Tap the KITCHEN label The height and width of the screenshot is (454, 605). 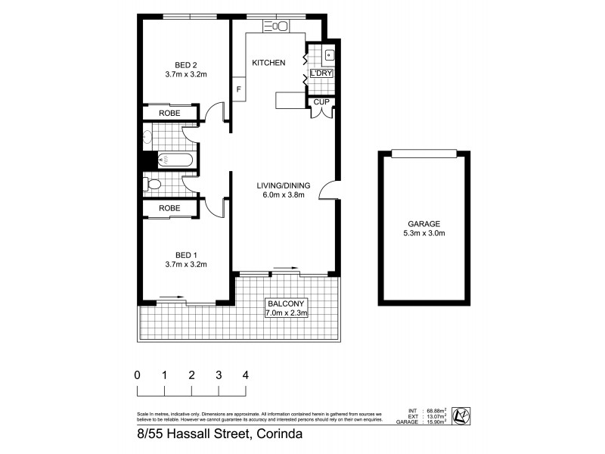pos(268,63)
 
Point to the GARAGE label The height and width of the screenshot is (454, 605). pos(423,223)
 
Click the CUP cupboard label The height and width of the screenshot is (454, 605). pos(321,101)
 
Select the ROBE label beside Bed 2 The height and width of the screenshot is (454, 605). pos(169,113)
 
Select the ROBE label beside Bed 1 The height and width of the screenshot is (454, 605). pos(169,208)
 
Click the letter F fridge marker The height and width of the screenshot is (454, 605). pos(239,90)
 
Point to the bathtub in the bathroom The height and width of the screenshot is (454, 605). pos(175,160)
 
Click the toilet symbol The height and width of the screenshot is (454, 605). pos(152,184)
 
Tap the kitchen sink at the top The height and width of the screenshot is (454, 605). pos(276,26)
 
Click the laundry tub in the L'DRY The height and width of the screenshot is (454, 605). pos(330,54)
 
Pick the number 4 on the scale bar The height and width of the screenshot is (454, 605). pos(246,375)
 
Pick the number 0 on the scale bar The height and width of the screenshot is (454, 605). pos(137,375)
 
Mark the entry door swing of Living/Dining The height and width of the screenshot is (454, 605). pos(327,190)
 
